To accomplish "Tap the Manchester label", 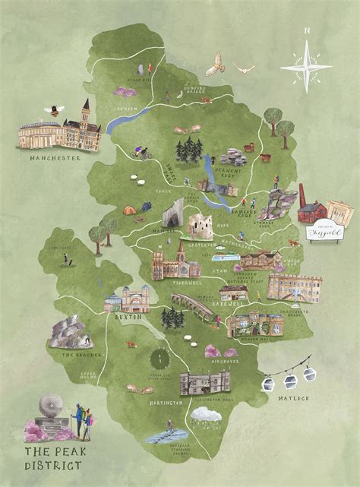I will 55,158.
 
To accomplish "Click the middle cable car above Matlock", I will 289,375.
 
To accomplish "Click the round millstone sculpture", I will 54,405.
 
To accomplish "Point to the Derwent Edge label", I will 229,171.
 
